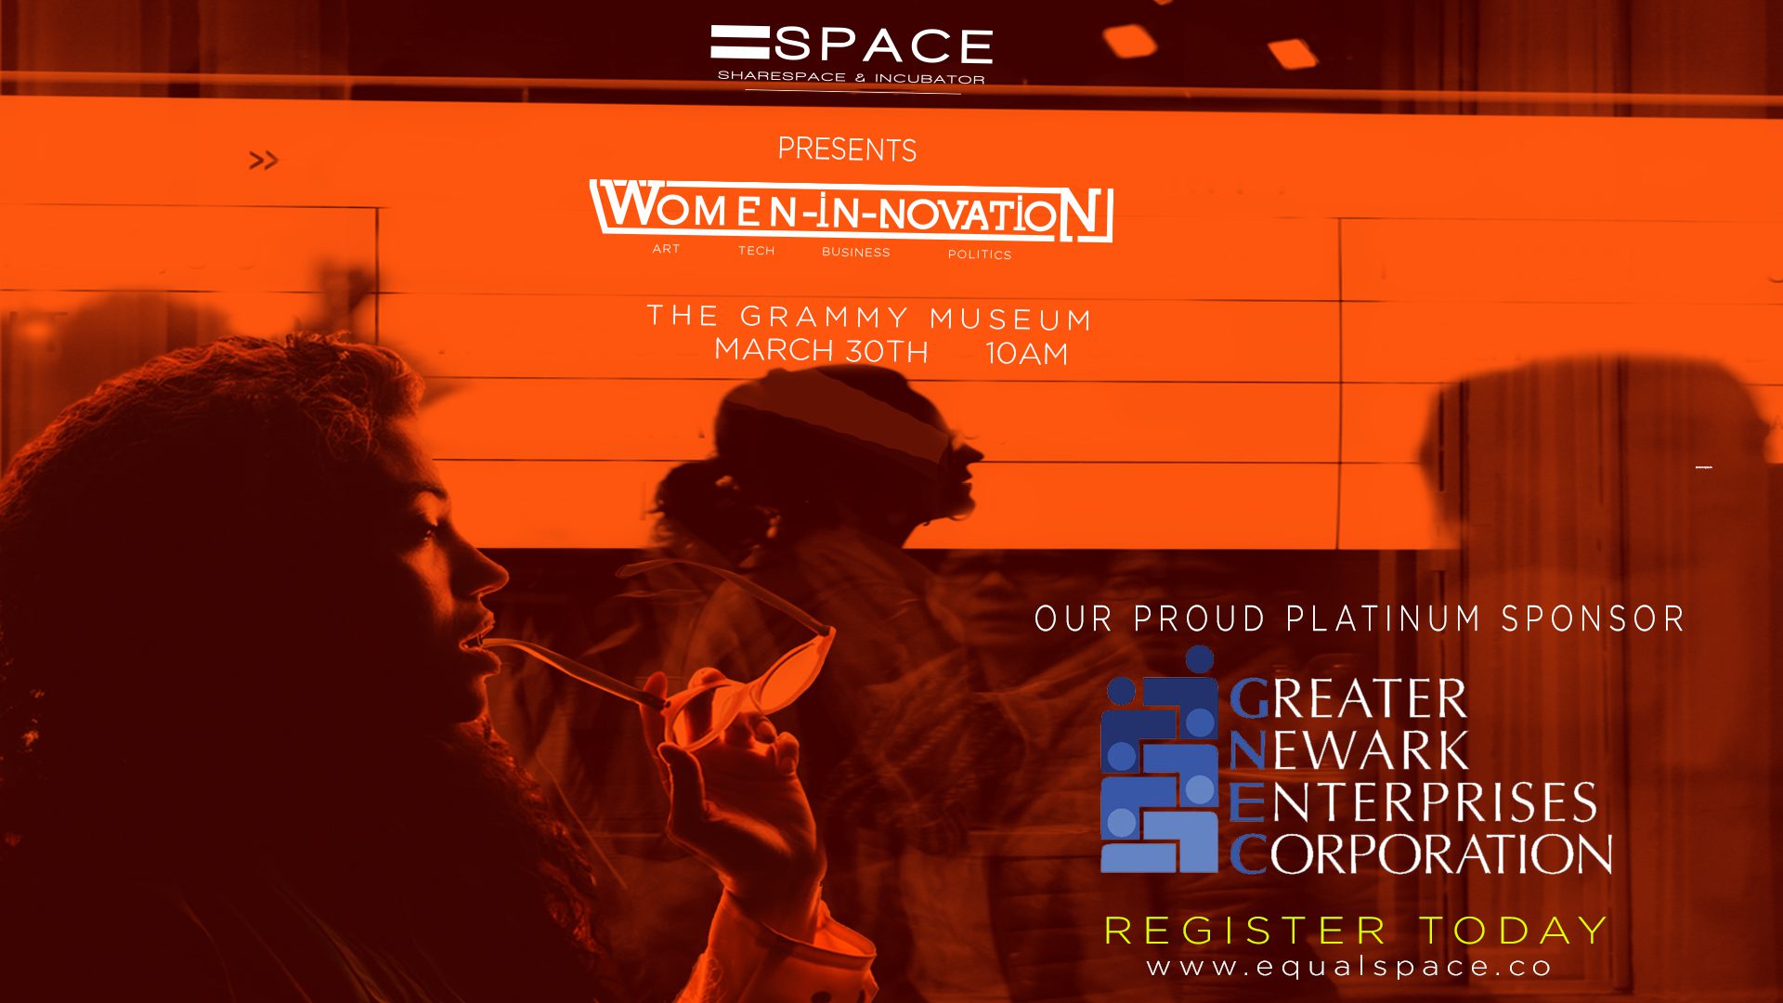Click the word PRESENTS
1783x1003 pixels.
tap(847, 149)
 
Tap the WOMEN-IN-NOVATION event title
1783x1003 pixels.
tap(852, 212)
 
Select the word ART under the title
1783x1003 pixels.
tap(666, 249)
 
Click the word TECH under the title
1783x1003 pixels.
tap(756, 251)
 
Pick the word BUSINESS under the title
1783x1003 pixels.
tap(855, 252)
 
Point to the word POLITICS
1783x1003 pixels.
tap(979, 254)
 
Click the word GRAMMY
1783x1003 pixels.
tap(824, 317)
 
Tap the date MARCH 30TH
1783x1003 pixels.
tap(821, 350)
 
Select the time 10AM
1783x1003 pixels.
tap(1026, 354)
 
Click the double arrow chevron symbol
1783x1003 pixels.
tap(263, 161)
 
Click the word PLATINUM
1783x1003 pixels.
tap(1383, 619)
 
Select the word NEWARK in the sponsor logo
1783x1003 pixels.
tap(1348, 750)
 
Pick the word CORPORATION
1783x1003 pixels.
tap(1421, 854)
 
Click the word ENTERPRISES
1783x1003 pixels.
tap(1413, 802)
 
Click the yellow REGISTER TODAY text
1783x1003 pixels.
tap(1357, 931)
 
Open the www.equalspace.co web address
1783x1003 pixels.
tap(1349, 967)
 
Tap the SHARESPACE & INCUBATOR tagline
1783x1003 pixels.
tap(851, 77)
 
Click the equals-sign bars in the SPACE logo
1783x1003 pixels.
tap(740, 43)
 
